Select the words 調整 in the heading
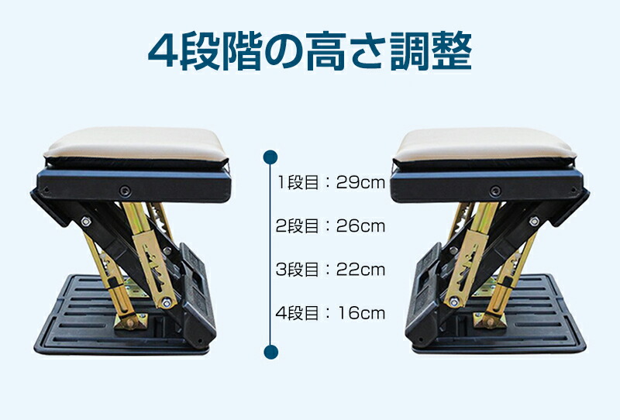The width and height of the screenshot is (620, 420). pyautogui.click(x=431, y=51)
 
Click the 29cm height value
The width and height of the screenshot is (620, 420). pyautogui.click(x=360, y=182)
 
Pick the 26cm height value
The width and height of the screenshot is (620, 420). pyautogui.click(x=360, y=225)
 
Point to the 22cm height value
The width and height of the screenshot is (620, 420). pyautogui.click(x=360, y=270)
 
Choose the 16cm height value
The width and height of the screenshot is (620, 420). pyautogui.click(x=361, y=313)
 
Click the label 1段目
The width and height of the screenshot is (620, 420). pyautogui.click(x=298, y=182)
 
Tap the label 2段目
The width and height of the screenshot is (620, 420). pyautogui.click(x=297, y=225)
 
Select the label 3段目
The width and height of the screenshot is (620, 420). pyautogui.click(x=297, y=270)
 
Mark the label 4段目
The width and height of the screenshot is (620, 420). pyautogui.click(x=297, y=313)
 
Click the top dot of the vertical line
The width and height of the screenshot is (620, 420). pyautogui.click(x=270, y=157)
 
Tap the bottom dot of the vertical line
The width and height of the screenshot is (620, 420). pyautogui.click(x=270, y=352)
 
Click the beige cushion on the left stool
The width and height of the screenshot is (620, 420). pyautogui.click(x=136, y=144)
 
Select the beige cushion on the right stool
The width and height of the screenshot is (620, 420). pyautogui.click(x=485, y=145)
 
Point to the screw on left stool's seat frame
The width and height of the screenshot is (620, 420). pyautogui.click(x=125, y=191)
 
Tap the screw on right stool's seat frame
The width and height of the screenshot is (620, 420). pyautogui.click(x=495, y=191)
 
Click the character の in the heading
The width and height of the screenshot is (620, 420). pyautogui.click(x=283, y=52)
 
